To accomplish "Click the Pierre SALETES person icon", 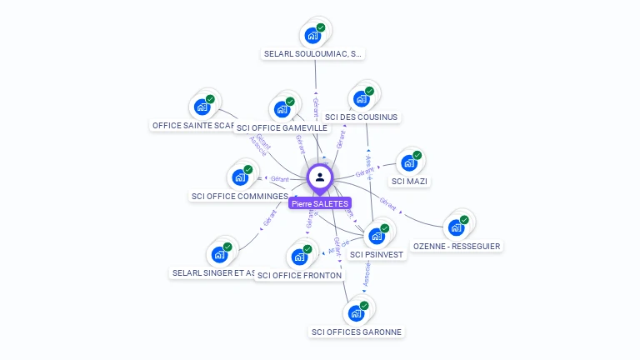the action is pyautogui.click(x=320, y=177).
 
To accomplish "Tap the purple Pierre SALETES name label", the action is pyautogui.click(x=320, y=203).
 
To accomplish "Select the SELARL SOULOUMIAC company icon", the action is pyautogui.click(x=313, y=35).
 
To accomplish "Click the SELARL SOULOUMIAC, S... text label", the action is pyautogui.click(x=313, y=53).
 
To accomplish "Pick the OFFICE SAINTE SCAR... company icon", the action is pyautogui.click(x=202, y=106).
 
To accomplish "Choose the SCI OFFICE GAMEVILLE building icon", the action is pyautogui.click(x=282, y=108).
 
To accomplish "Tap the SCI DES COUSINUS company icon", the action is pyautogui.click(x=362, y=97).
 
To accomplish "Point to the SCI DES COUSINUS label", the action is pyautogui.click(x=362, y=117).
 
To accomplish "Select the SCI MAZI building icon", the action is pyautogui.click(x=410, y=162).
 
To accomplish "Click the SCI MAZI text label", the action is pyautogui.click(x=410, y=181).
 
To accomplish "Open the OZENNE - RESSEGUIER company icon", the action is pyautogui.click(x=457, y=227).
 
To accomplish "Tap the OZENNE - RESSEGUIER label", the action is pyautogui.click(x=457, y=246).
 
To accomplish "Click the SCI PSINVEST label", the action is pyautogui.click(x=377, y=254).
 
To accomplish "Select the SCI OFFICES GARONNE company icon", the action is pyautogui.click(x=357, y=312).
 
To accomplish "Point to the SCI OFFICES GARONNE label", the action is pyautogui.click(x=357, y=332).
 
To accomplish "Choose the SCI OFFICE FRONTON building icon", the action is pyautogui.click(x=300, y=256).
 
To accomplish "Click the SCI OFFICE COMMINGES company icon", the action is pyautogui.click(x=240, y=177).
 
